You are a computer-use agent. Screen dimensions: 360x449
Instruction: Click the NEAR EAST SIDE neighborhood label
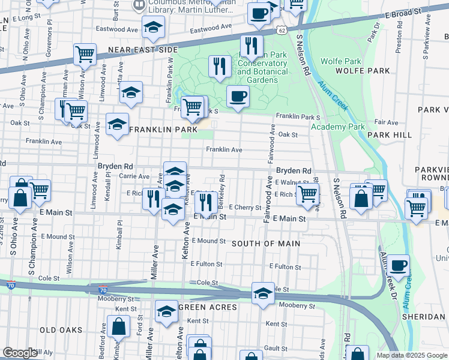[x=143, y=50]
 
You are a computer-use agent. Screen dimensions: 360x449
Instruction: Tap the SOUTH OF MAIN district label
[x=261, y=243]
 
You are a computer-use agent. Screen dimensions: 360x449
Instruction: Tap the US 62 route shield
[x=282, y=29]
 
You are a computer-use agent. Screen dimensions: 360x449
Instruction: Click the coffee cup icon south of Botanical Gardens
[x=238, y=96]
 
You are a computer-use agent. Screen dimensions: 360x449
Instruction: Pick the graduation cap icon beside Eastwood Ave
[x=153, y=26]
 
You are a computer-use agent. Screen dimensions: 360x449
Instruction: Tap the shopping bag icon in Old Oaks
[x=119, y=326]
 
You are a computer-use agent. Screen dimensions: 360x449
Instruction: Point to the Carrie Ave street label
[x=134, y=176]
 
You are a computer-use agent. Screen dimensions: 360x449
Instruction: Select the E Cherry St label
[x=245, y=208]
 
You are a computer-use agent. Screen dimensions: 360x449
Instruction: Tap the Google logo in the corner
[x=19, y=353]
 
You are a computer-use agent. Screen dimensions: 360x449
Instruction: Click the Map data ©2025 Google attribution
[x=411, y=355]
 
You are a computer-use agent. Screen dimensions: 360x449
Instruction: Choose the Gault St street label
[x=276, y=348]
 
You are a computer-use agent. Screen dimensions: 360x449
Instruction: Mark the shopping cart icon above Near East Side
[x=85, y=54]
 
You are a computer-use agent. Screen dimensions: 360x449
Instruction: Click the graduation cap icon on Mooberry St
[x=263, y=293]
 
